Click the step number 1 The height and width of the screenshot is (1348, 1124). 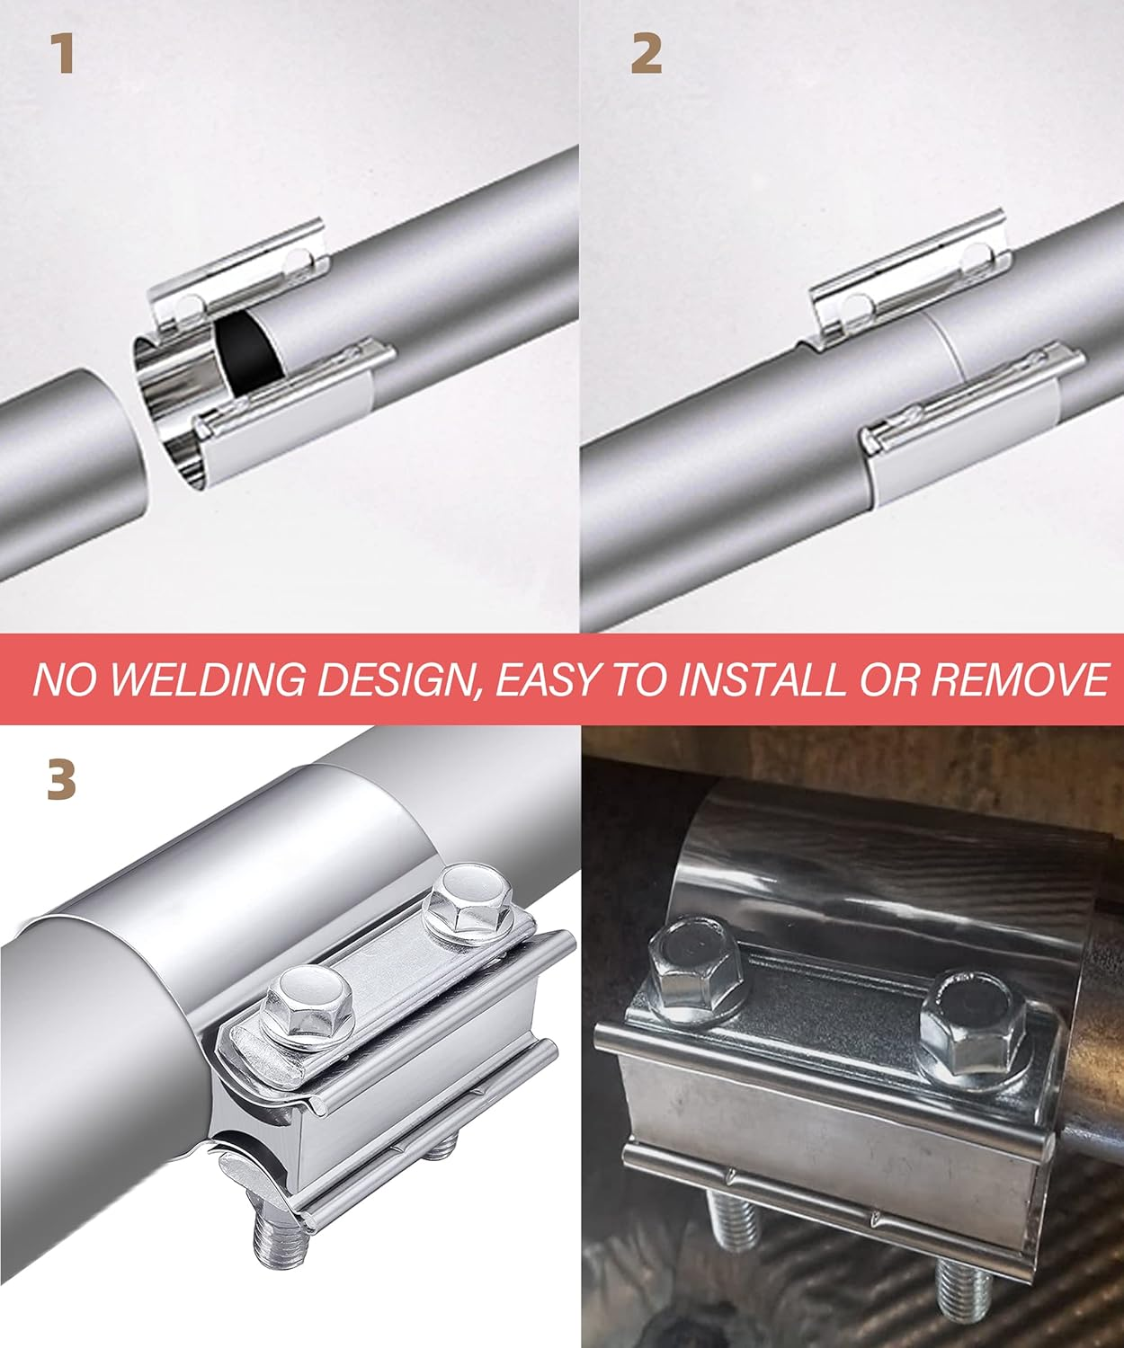pos(61,55)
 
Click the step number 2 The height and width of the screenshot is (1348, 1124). pos(647,55)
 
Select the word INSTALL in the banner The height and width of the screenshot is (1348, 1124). pos(761,680)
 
